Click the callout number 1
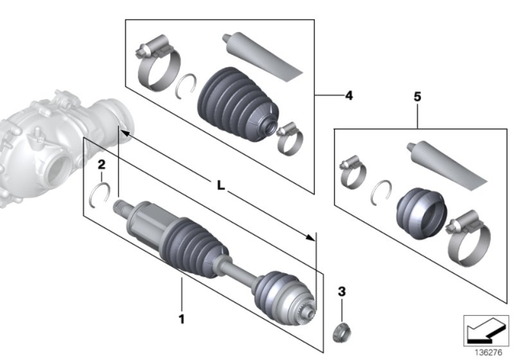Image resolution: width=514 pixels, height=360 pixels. pyautogui.click(x=182, y=317)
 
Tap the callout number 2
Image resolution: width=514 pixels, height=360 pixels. pyautogui.click(x=101, y=166)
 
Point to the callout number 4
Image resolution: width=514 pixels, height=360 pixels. pyautogui.click(x=348, y=96)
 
